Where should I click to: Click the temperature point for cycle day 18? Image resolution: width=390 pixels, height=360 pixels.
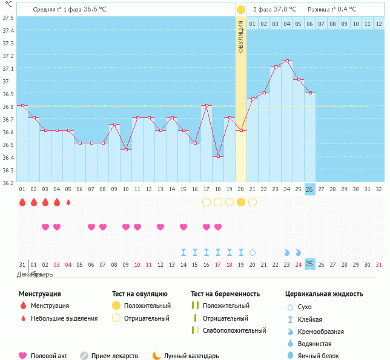pyautogui.click(x=218, y=156)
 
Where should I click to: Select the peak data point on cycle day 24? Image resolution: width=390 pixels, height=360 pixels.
pyautogui.click(x=287, y=61)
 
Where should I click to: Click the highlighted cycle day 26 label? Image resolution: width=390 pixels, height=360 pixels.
pyautogui.click(x=310, y=189)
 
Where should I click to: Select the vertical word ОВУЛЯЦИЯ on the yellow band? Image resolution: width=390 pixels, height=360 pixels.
pyautogui.click(x=241, y=37)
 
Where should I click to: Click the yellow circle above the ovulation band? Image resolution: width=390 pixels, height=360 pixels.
pyautogui.click(x=241, y=10)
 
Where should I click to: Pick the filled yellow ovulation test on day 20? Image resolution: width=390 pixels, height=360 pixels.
pyautogui.click(x=241, y=201)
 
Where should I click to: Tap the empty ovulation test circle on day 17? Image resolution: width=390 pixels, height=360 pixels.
pyautogui.click(x=207, y=201)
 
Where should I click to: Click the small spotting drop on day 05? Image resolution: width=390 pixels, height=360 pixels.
pyautogui.click(x=68, y=202)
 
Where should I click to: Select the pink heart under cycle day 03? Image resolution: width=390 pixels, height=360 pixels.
pyautogui.click(x=45, y=227)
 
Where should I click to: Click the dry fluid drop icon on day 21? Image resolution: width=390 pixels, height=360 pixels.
pyautogui.click(x=253, y=252)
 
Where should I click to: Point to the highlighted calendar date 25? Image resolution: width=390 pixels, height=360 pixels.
pyautogui.click(x=310, y=264)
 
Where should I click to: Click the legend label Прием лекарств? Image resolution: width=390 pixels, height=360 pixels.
pyautogui.click(x=114, y=356)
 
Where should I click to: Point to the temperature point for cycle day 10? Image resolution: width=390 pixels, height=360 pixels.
pyautogui.click(x=126, y=149)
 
